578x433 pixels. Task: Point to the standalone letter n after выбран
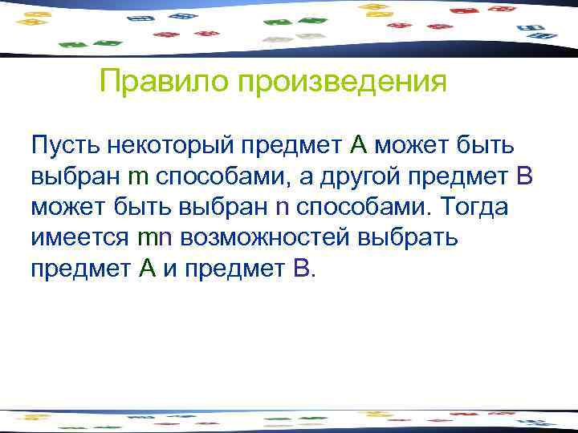point(280,206)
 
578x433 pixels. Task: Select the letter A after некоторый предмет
point(358,145)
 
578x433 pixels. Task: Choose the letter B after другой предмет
point(526,176)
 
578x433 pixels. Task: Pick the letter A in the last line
point(147,268)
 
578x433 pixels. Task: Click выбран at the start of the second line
point(76,176)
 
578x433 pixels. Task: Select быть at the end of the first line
point(485,145)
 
